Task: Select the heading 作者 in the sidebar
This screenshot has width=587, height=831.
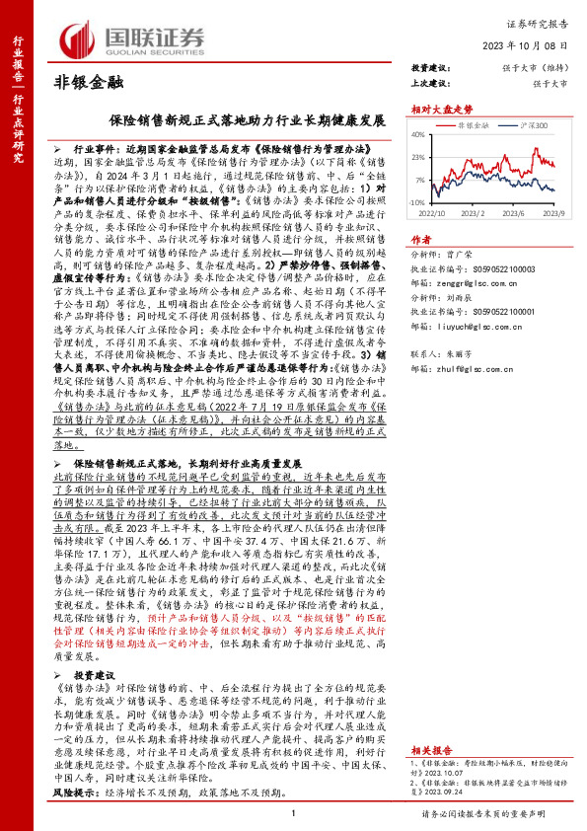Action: (x=420, y=240)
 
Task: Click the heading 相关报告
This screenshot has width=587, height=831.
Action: (x=429, y=750)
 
